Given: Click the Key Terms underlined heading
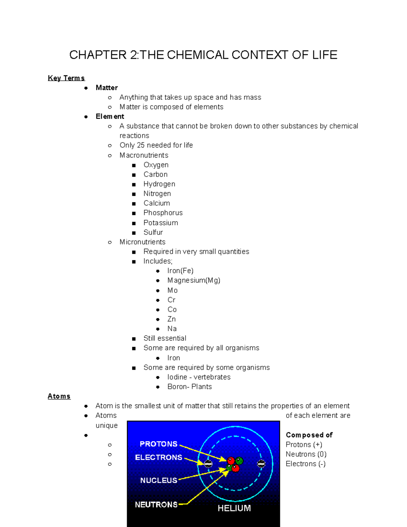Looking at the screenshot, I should click(x=66, y=78).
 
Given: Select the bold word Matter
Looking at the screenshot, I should click(x=106, y=88).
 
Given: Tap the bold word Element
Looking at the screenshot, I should click(x=110, y=116).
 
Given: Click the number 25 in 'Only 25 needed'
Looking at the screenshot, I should click(x=141, y=145).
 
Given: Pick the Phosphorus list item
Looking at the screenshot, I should click(x=163, y=213).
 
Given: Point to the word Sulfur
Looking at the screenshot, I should click(x=153, y=232).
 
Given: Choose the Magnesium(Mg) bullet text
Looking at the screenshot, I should click(x=194, y=280).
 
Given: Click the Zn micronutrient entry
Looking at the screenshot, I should click(x=171, y=319).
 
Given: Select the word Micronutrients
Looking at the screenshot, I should click(x=142, y=242).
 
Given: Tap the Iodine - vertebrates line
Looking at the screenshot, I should click(x=199, y=377).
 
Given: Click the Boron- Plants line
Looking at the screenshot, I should click(x=190, y=387).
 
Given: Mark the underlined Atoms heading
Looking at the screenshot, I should click(x=59, y=396).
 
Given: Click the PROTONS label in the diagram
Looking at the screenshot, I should click(x=158, y=444).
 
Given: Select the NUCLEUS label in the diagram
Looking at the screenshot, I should click(x=158, y=480).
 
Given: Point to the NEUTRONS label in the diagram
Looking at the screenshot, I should click(x=156, y=505).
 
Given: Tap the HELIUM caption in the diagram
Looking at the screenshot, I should click(x=234, y=508).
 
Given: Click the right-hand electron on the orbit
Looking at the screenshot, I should click(x=261, y=464).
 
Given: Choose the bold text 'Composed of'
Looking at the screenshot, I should click(x=309, y=435).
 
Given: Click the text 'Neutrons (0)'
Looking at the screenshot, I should click(x=306, y=454).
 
